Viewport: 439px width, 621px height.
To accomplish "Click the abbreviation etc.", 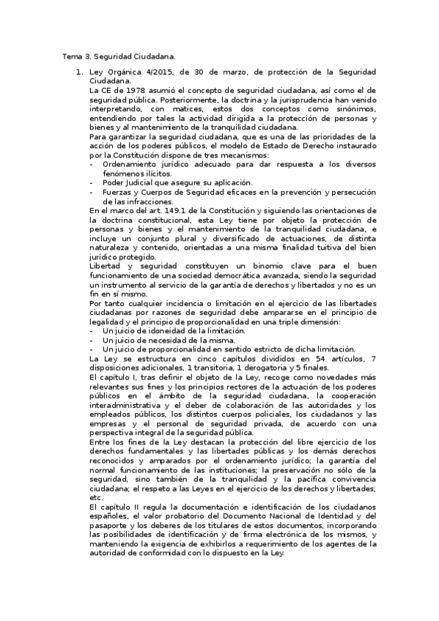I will pos(93,497).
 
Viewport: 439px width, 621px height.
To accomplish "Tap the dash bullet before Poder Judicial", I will pos(91,183).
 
